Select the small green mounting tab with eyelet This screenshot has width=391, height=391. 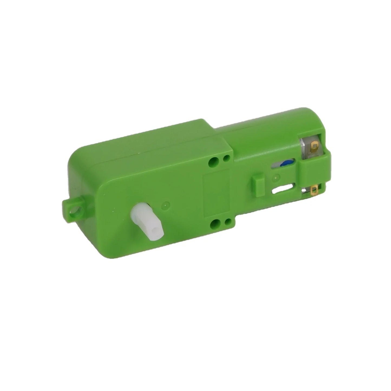point(73,208)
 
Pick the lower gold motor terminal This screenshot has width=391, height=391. point(315,191)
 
